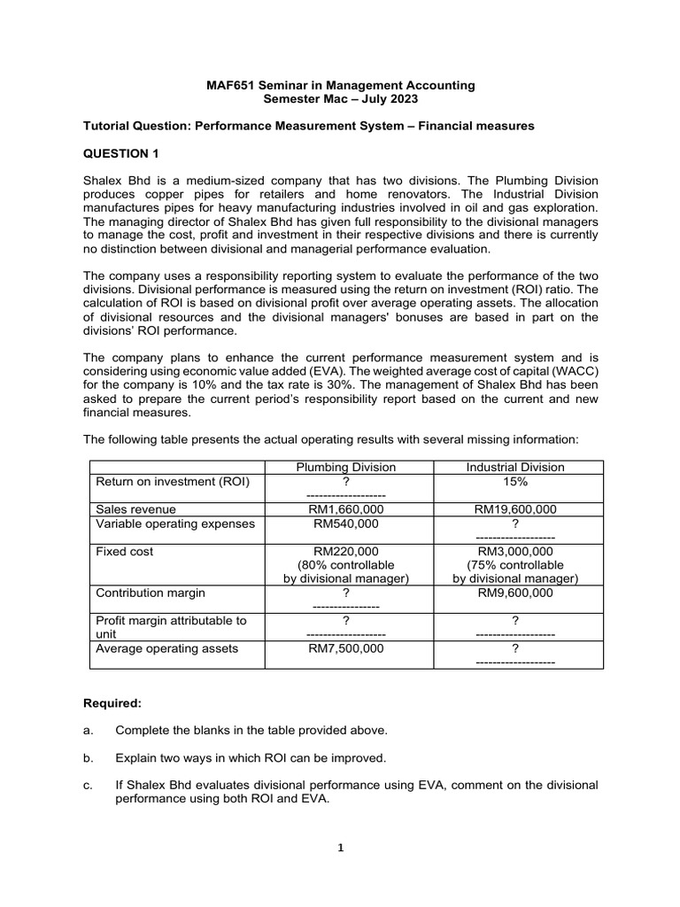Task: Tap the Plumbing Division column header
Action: click(x=346, y=468)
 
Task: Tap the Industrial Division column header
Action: click(x=515, y=468)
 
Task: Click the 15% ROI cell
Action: click(x=515, y=482)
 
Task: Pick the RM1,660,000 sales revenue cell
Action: click(x=346, y=509)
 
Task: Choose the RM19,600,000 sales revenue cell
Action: click(x=515, y=509)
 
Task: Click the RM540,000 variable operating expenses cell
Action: click(x=346, y=523)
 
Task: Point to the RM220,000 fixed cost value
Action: click(x=346, y=551)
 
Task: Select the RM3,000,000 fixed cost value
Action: click(x=515, y=551)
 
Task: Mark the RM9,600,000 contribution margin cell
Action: click(x=515, y=593)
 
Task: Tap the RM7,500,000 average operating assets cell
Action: click(x=346, y=648)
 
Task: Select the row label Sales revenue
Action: click(x=135, y=509)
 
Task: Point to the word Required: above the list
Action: click(x=112, y=703)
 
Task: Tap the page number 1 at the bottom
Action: click(x=340, y=848)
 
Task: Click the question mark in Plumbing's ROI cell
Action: click(x=346, y=482)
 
